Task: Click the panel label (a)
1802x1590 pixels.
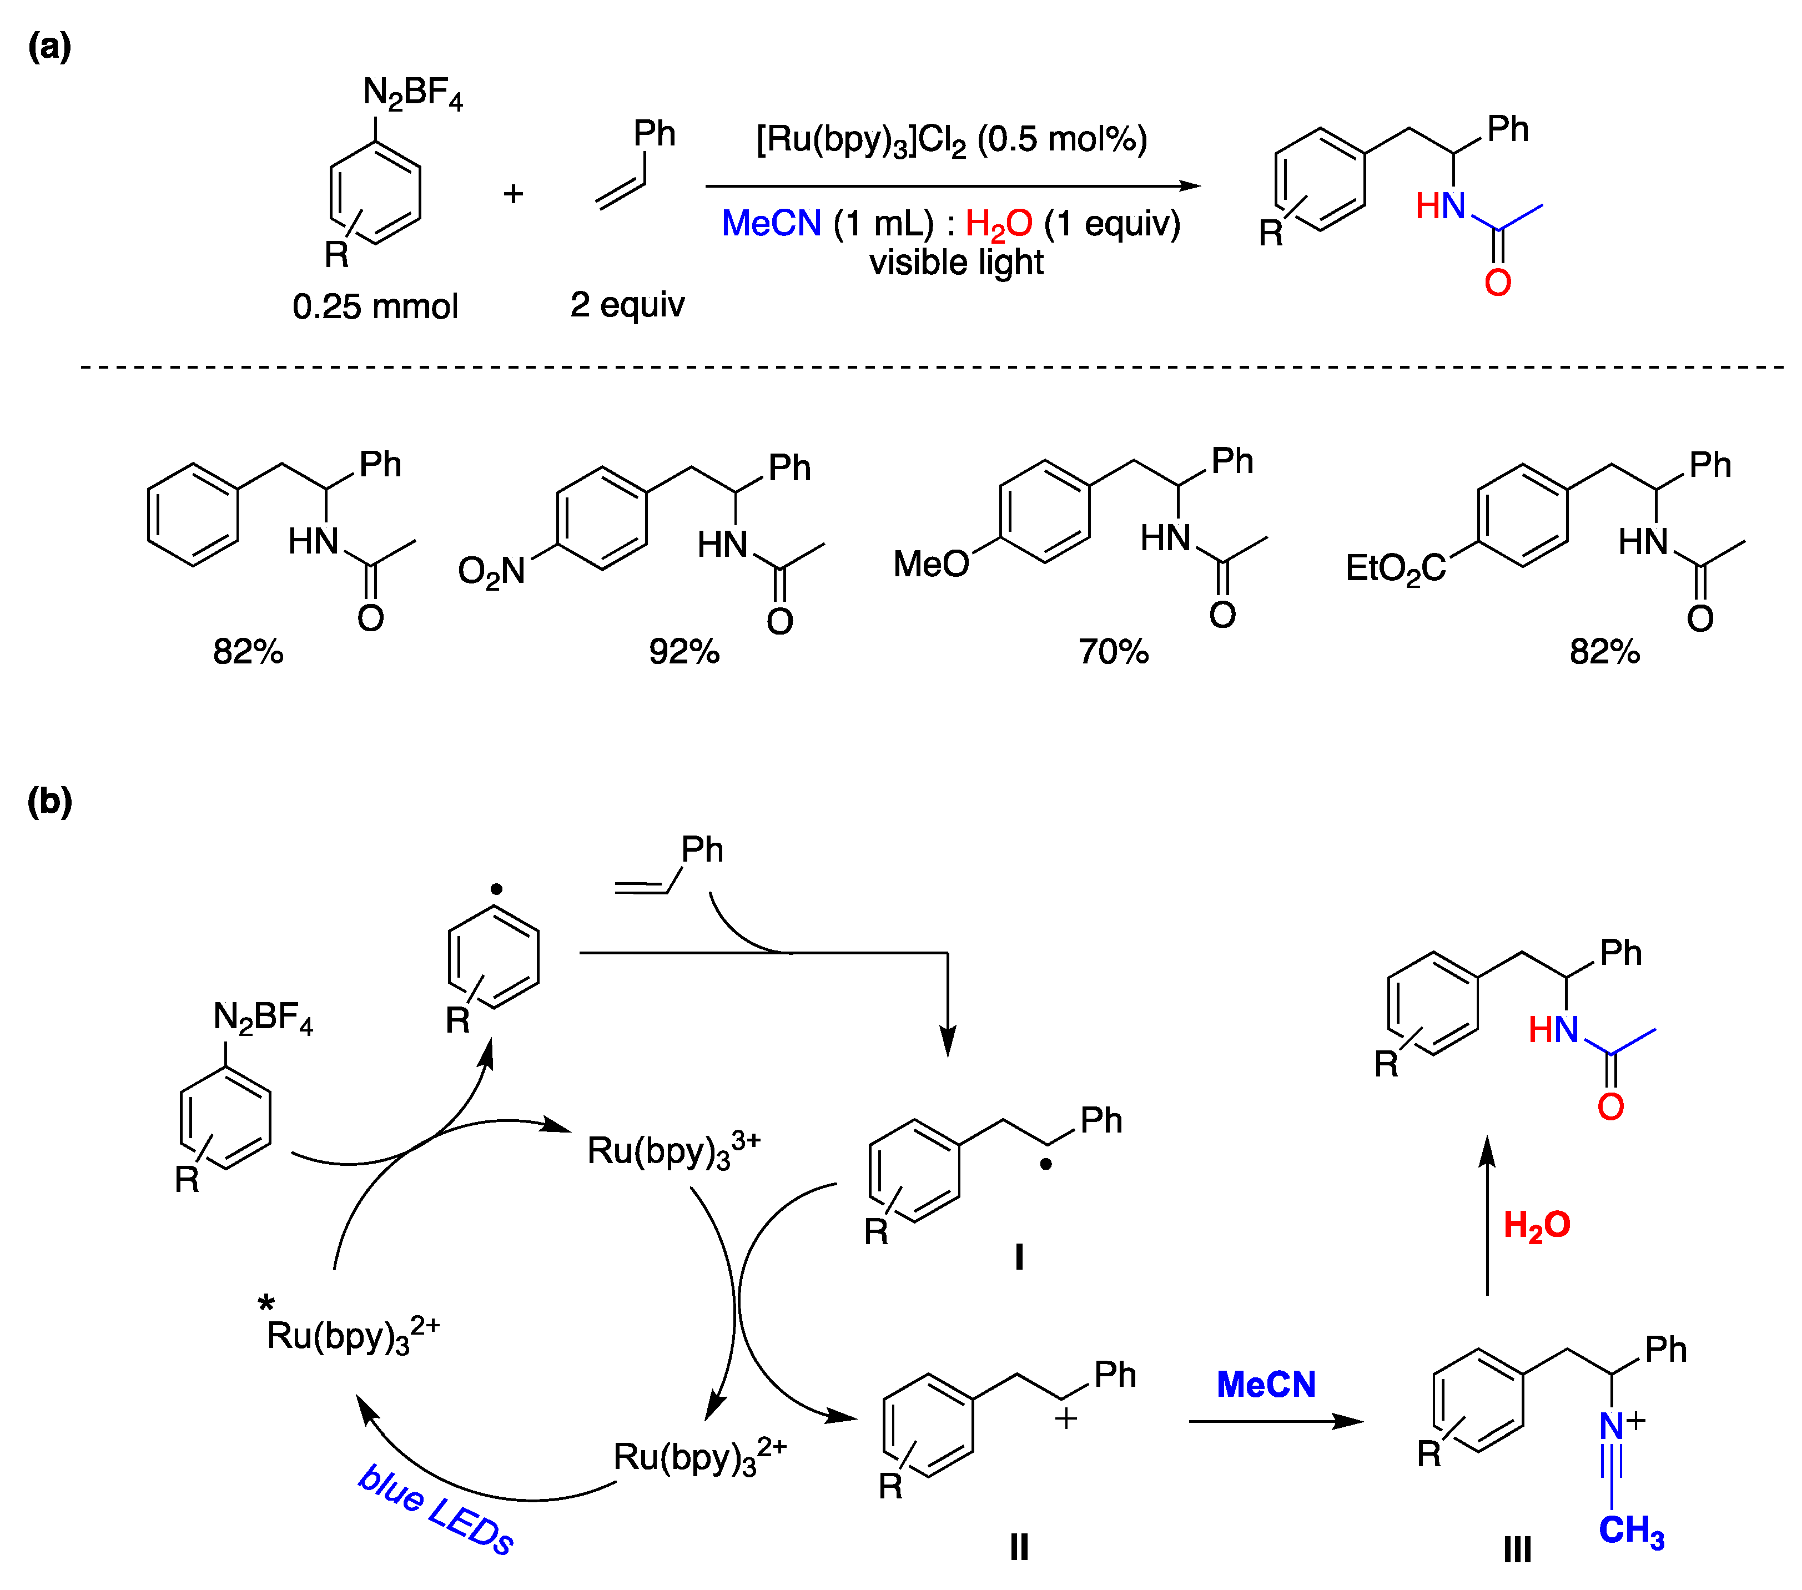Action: pos(49,46)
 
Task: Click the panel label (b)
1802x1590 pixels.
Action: pos(49,802)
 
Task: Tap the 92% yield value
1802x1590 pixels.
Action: pos(684,652)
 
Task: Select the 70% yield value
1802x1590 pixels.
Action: pos(1114,652)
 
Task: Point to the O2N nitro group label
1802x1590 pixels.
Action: pos(491,571)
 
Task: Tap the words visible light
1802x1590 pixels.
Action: pos(957,263)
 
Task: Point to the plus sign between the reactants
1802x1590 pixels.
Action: pos(513,193)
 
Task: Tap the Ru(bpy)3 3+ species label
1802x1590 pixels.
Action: pos(673,1151)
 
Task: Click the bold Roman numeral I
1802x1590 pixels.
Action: pos(1019,1257)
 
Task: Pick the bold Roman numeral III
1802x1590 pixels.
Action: pos(1517,1549)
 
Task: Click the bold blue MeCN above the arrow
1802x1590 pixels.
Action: pos(1266,1385)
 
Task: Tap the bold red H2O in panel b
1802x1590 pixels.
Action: pos(1537,1225)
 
